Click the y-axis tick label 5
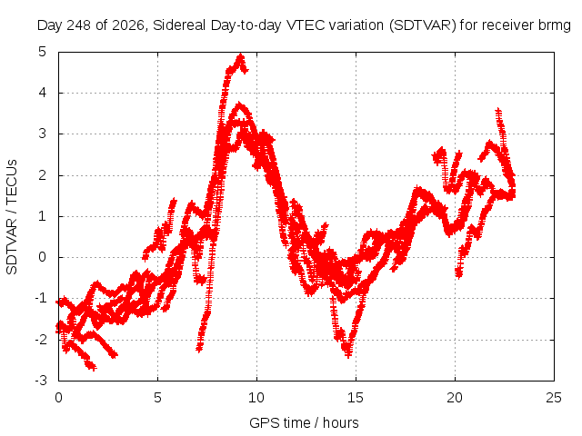pos(43,52)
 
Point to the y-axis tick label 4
pos(43,93)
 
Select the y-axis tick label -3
pos(41,381)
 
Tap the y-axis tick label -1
pos(41,298)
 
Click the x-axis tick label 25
pos(554,398)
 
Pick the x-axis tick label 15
pos(356,398)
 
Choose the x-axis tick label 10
pos(256,398)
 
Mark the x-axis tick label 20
pos(455,398)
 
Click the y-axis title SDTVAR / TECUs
pos(12,217)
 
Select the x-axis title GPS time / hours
pos(304,422)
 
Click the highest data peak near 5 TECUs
pos(241,56)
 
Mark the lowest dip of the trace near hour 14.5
pos(348,355)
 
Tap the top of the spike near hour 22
pos(498,110)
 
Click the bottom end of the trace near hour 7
pos(199,349)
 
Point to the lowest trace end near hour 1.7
pos(93,367)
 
